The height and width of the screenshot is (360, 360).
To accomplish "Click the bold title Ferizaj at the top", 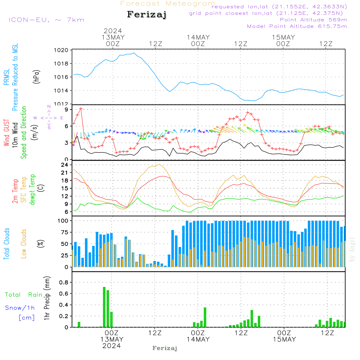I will click(147, 15).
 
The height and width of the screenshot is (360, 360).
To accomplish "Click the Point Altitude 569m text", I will click(313, 20).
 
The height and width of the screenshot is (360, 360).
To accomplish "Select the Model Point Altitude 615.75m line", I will click(297, 26).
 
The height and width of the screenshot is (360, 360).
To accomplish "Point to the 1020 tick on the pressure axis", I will click(62, 50).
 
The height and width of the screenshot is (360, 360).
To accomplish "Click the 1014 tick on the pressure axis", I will click(62, 91).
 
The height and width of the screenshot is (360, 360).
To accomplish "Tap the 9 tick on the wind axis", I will click(67, 109).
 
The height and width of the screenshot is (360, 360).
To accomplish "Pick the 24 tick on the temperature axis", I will click(65, 165).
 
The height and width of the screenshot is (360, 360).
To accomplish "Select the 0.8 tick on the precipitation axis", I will click(64, 283).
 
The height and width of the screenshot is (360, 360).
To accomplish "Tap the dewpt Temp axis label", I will click(32, 189).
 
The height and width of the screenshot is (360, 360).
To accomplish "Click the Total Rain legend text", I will click(24, 295).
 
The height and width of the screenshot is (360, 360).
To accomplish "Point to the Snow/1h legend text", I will click(20, 308).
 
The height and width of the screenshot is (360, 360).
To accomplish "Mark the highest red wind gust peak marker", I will click(81, 108).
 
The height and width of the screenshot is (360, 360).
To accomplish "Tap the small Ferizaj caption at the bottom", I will click(165, 348).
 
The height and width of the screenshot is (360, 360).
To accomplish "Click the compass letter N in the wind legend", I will click(49, 107).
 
